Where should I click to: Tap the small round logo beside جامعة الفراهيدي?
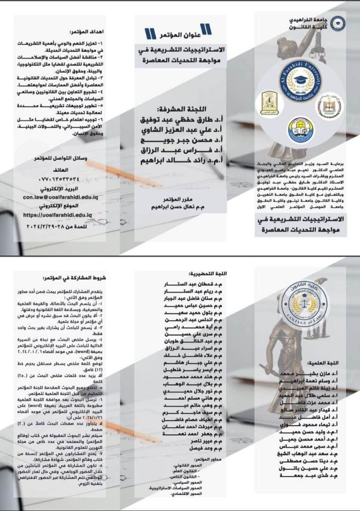pos(338,23)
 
